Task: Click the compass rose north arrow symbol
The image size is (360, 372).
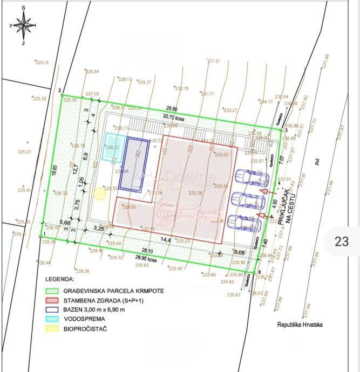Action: click(23, 25)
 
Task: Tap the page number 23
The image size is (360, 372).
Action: click(341, 241)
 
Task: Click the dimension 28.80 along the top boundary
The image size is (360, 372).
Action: click(172, 108)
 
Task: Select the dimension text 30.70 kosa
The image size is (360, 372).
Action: click(174, 116)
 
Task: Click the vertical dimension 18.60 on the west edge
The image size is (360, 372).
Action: click(54, 170)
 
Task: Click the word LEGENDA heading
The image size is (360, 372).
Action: click(59, 280)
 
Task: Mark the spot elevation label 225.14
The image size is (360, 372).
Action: click(42, 63)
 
